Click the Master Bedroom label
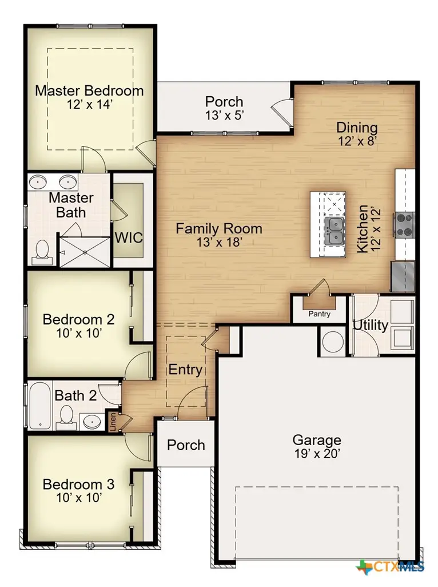pyautogui.click(x=89, y=90)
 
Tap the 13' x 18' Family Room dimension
pyautogui.click(x=218, y=243)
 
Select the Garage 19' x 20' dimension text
pyautogui.click(x=317, y=454)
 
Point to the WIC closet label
pyautogui.click(x=129, y=237)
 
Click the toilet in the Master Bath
pyautogui.click(x=42, y=251)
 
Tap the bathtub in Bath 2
pyautogui.click(x=39, y=406)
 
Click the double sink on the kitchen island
pyautogui.click(x=333, y=231)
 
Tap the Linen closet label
pyautogui.click(x=113, y=421)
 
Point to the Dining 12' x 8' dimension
pyautogui.click(x=356, y=141)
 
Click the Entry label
pyautogui.click(x=185, y=370)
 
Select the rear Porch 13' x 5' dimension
pyautogui.click(x=224, y=115)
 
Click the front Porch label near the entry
pyautogui.click(x=186, y=445)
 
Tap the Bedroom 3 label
pyautogui.click(x=78, y=485)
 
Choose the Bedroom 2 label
pyautogui.click(x=78, y=319)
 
